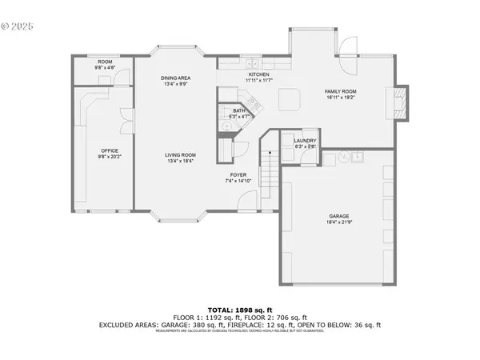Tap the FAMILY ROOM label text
coord(340,92)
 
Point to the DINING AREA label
coord(174,78)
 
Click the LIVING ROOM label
coord(181,155)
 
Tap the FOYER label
coord(238,174)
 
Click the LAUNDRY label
coord(306,142)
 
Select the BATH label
coord(238,111)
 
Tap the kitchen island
coord(288,99)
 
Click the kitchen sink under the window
coord(253,62)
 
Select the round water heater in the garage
coord(342,158)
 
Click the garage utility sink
coord(356,157)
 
